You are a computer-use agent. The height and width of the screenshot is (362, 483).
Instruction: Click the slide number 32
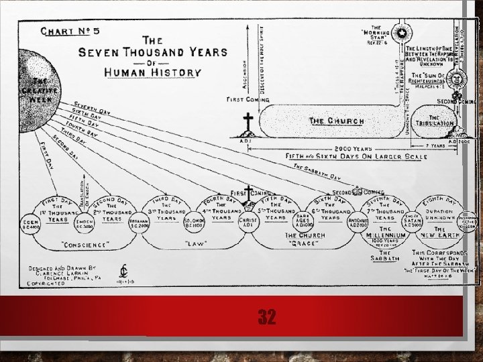[266, 316]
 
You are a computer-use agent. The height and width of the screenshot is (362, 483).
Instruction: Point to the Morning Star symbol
[402, 33]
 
